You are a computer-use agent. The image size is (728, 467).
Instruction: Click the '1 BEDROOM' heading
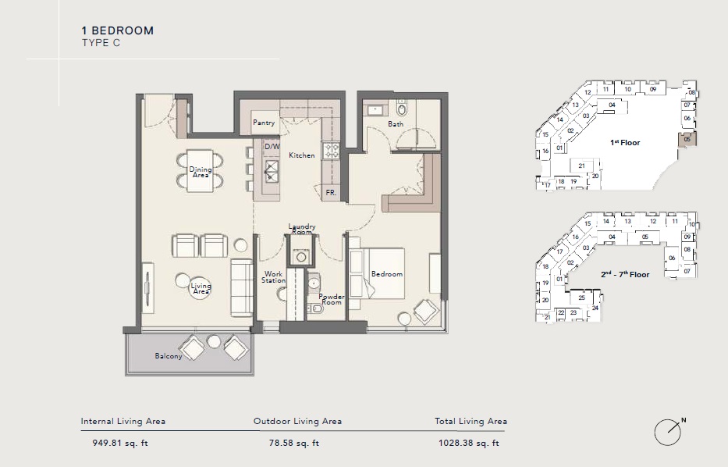click(118, 30)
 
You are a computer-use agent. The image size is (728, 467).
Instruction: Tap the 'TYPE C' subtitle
click(101, 43)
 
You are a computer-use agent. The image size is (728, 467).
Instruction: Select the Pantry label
click(264, 123)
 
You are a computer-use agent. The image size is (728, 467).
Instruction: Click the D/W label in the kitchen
click(272, 146)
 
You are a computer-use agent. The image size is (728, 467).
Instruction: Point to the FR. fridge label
click(331, 192)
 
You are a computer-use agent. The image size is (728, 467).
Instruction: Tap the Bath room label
click(396, 124)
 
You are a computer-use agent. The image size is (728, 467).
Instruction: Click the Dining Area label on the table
click(201, 173)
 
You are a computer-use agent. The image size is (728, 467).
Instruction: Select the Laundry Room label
click(301, 229)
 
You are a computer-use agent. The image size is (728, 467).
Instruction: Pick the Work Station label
click(273, 277)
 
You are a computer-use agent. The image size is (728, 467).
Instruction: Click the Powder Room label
click(331, 299)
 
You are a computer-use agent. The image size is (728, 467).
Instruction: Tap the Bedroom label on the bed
click(386, 274)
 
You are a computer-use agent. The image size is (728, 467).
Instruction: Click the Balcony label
click(168, 356)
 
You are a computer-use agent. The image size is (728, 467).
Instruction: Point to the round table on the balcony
click(214, 342)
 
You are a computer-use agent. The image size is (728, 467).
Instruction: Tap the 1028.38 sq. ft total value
click(468, 444)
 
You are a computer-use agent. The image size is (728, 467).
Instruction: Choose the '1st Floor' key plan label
click(625, 143)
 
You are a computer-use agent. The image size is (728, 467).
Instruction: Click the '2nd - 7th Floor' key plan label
click(624, 275)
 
